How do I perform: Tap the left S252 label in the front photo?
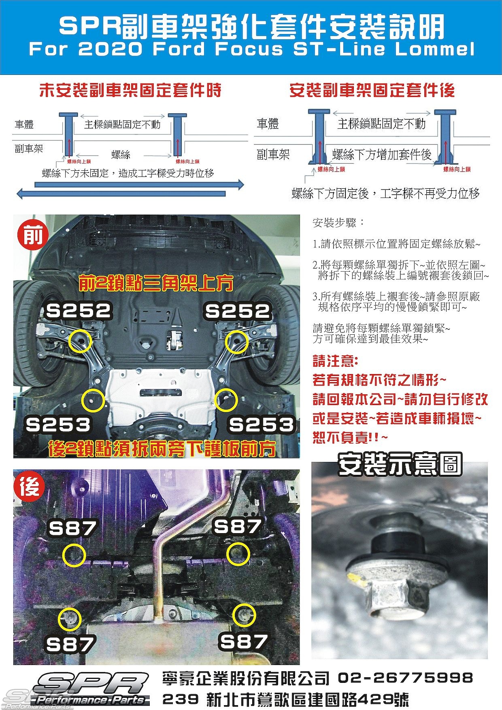[x=79, y=311]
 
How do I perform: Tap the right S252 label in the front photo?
[x=238, y=311]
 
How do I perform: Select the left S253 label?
[x=58, y=424]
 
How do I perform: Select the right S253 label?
[x=262, y=425]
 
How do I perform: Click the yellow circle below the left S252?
[x=80, y=341]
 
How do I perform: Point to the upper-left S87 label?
[x=72, y=528]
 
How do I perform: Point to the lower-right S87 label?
[x=243, y=642]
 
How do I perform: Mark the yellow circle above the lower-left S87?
[x=70, y=619]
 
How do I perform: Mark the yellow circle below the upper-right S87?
[x=238, y=554]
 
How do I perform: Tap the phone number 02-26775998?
[x=405, y=677]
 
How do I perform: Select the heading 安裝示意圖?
[x=400, y=464]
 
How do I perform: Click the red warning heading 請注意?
[x=335, y=361]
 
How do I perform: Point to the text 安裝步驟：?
[x=338, y=223]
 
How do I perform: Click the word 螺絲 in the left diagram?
[x=121, y=155]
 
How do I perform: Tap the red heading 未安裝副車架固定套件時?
[x=130, y=90]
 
